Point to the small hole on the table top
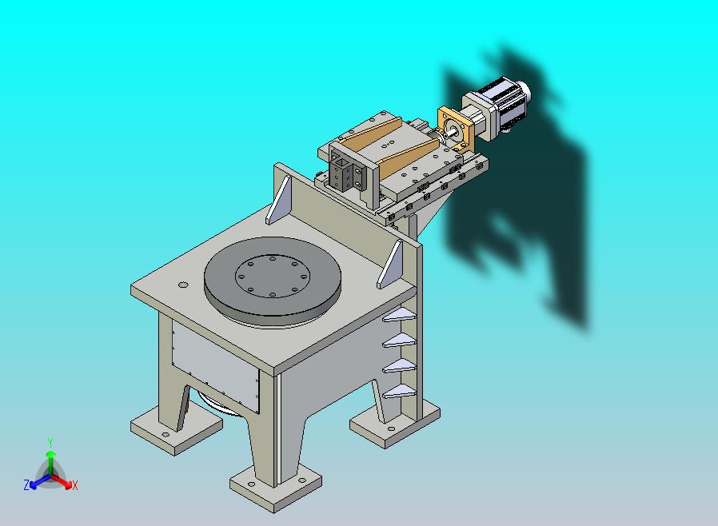[x=183, y=285]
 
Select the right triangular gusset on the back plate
[x=390, y=264]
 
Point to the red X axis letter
[x=74, y=485]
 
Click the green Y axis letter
[x=50, y=442]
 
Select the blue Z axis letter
[x=26, y=484]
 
